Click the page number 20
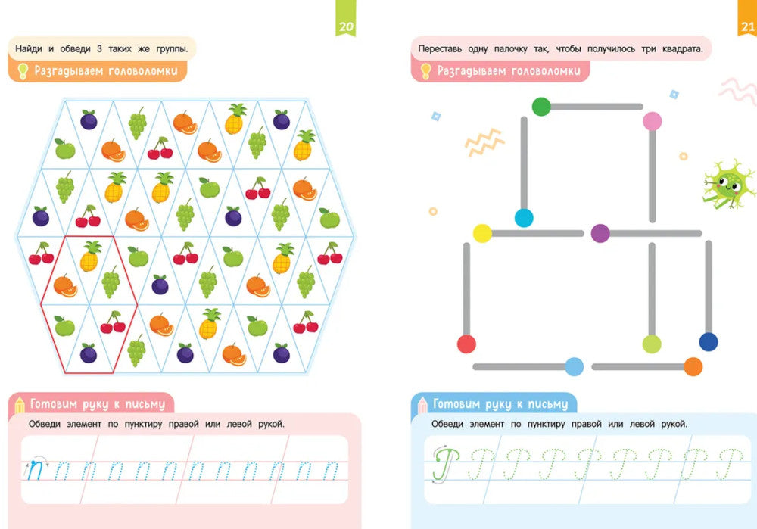(x=346, y=27)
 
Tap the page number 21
(x=747, y=27)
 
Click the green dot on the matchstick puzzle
(x=541, y=107)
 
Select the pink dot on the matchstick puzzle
(x=652, y=120)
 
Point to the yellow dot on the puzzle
(x=482, y=233)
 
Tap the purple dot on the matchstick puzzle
(x=600, y=233)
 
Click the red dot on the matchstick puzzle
(x=466, y=344)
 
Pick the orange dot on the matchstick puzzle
(x=693, y=366)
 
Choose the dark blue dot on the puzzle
(x=708, y=342)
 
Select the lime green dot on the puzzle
(x=652, y=344)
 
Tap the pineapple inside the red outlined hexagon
(x=90, y=257)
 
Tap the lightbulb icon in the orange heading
(x=23, y=72)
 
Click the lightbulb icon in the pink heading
(x=425, y=72)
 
